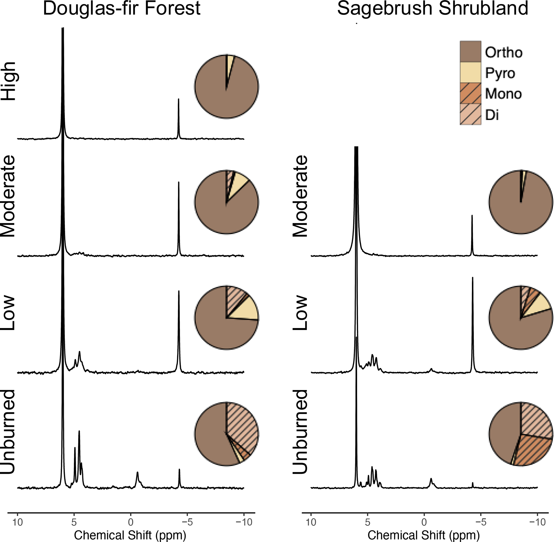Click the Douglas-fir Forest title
pos(122,9)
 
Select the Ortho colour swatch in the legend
pos(470,51)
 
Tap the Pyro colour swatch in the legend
pos(470,72)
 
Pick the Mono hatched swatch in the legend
pos(470,93)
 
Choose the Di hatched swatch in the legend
pos(470,114)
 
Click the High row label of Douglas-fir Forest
pos(9,81)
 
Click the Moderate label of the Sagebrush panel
pos(301,196)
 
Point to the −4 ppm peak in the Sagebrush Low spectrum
pos(473,313)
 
